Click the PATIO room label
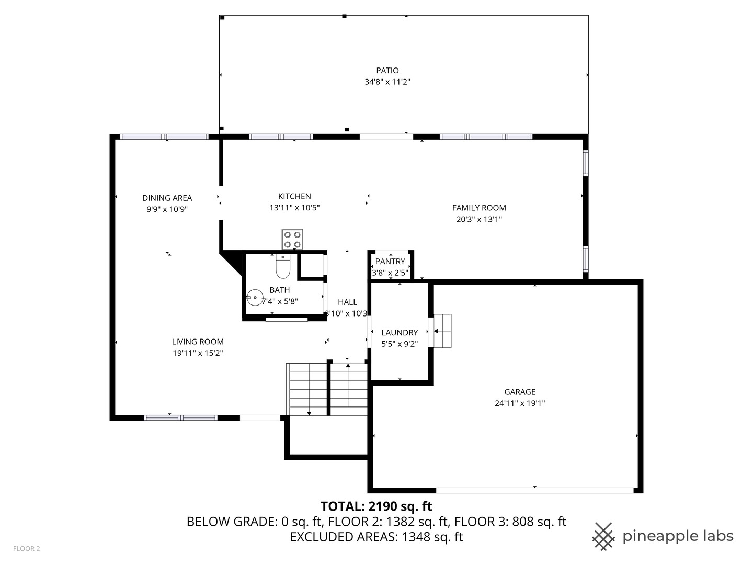point(387,70)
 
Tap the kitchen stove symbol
point(292,240)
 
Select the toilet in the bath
point(282,267)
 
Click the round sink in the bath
point(255,297)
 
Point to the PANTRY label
point(390,262)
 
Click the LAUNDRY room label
point(400,332)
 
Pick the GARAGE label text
point(520,392)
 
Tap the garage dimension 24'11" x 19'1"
point(520,403)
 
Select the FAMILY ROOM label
point(479,208)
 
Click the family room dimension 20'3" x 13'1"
point(479,219)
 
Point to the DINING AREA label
point(167,198)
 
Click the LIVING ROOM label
point(198,342)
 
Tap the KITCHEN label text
point(294,196)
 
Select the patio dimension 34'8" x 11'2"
point(387,82)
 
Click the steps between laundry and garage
point(442,331)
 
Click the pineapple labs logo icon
point(603,536)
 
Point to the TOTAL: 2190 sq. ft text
point(376,506)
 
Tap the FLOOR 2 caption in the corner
point(27,549)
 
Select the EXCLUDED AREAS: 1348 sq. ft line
point(376,537)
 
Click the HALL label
point(347,302)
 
